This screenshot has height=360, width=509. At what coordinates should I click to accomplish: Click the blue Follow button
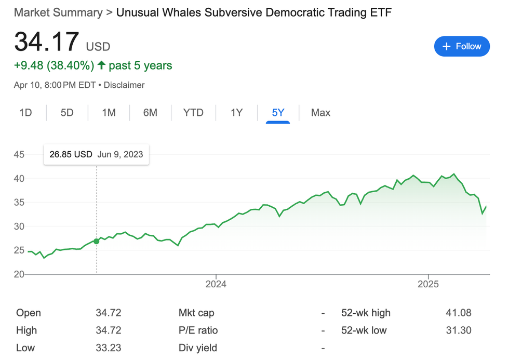[x=462, y=46]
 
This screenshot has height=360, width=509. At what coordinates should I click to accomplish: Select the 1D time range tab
[x=25, y=113]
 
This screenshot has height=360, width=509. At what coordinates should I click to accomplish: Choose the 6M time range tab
[x=150, y=113]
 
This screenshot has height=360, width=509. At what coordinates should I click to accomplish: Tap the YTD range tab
[x=193, y=113]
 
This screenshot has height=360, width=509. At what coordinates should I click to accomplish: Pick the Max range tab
[x=320, y=113]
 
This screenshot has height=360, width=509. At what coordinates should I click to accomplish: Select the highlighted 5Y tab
[x=278, y=113]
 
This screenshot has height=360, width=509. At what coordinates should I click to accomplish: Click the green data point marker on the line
[x=97, y=241]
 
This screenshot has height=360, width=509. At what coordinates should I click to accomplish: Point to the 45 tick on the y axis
[x=19, y=154]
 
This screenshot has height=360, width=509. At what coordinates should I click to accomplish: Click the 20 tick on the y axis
[x=19, y=274]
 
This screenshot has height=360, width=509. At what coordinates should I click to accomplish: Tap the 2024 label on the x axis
[x=216, y=284]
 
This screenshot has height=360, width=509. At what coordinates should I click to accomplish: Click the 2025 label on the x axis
[x=428, y=284]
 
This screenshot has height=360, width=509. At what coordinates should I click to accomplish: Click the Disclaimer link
[x=124, y=85]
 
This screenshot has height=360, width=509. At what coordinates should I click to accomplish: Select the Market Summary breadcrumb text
[x=58, y=12]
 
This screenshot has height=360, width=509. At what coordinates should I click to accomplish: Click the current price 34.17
[x=47, y=42]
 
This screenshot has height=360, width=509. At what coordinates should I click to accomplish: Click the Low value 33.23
[x=108, y=348]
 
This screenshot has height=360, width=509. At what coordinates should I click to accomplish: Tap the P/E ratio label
[x=198, y=330]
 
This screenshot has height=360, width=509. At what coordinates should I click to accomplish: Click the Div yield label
[x=198, y=348]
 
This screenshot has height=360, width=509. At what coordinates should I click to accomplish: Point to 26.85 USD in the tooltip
[x=71, y=154]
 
